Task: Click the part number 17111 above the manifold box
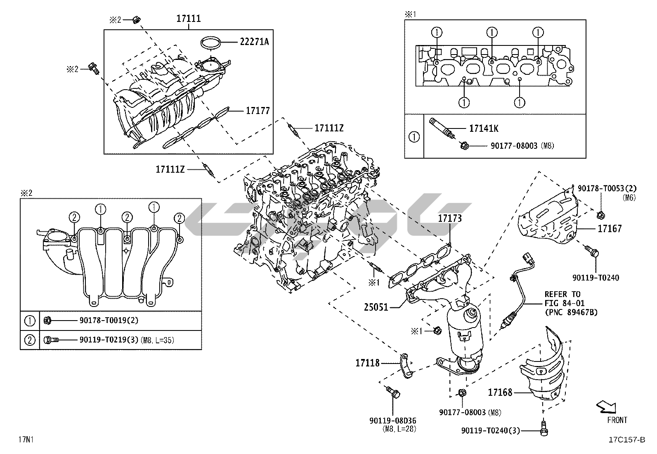pos(189,19)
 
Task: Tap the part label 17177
pos(258,111)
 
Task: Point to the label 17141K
pos(484,128)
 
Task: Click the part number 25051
pos(376,307)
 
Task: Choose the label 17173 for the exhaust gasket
pos(449,219)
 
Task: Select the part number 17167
pos(609,228)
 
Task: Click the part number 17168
pos(500,392)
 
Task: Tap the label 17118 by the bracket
pos(367,363)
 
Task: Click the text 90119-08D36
pos(392,421)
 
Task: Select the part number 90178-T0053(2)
pos(604,188)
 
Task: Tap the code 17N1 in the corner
pos(26,439)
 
